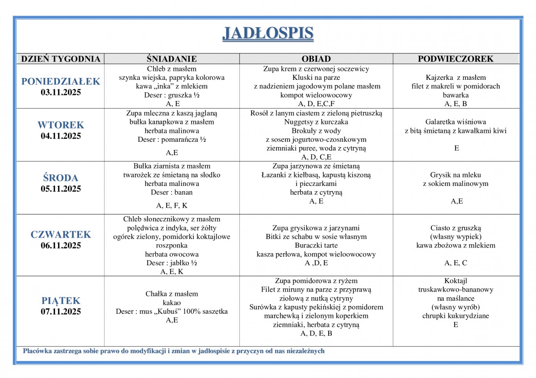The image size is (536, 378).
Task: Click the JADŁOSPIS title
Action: pyautogui.click(x=268, y=33)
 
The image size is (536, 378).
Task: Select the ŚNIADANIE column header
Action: pyautogui.click(x=172, y=59)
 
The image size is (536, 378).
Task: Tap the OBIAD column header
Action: pyautogui.click(x=316, y=59)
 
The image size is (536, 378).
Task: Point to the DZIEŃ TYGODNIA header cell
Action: pyautogui.click(x=61, y=59)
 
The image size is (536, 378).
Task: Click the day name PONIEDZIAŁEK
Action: pyautogui.click(x=61, y=81)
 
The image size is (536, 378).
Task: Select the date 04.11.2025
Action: pyautogui.click(x=61, y=136)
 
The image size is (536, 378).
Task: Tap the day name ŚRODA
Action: pyautogui.click(x=61, y=177)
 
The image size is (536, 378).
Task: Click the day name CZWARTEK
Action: pyautogui.click(x=61, y=234)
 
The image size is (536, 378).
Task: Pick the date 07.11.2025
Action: pyautogui.click(x=61, y=312)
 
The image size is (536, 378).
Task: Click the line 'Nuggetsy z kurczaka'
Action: pyautogui.click(x=316, y=122)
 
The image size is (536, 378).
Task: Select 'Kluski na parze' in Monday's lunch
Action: pyautogui.click(x=316, y=78)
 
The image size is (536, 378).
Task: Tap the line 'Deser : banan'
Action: pyautogui.click(x=172, y=192)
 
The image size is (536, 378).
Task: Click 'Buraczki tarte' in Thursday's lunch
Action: pyautogui.click(x=316, y=245)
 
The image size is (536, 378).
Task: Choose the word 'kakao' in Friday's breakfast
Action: pyautogui.click(x=172, y=303)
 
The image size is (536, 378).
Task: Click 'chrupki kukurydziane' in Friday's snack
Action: pyautogui.click(x=456, y=316)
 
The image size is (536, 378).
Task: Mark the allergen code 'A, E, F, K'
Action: pyautogui.click(x=172, y=205)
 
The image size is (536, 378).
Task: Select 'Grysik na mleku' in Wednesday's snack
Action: pyautogui.click(x=456, y=175)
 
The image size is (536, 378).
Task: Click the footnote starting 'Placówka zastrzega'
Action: pyautogui.click(x=174, y=351)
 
